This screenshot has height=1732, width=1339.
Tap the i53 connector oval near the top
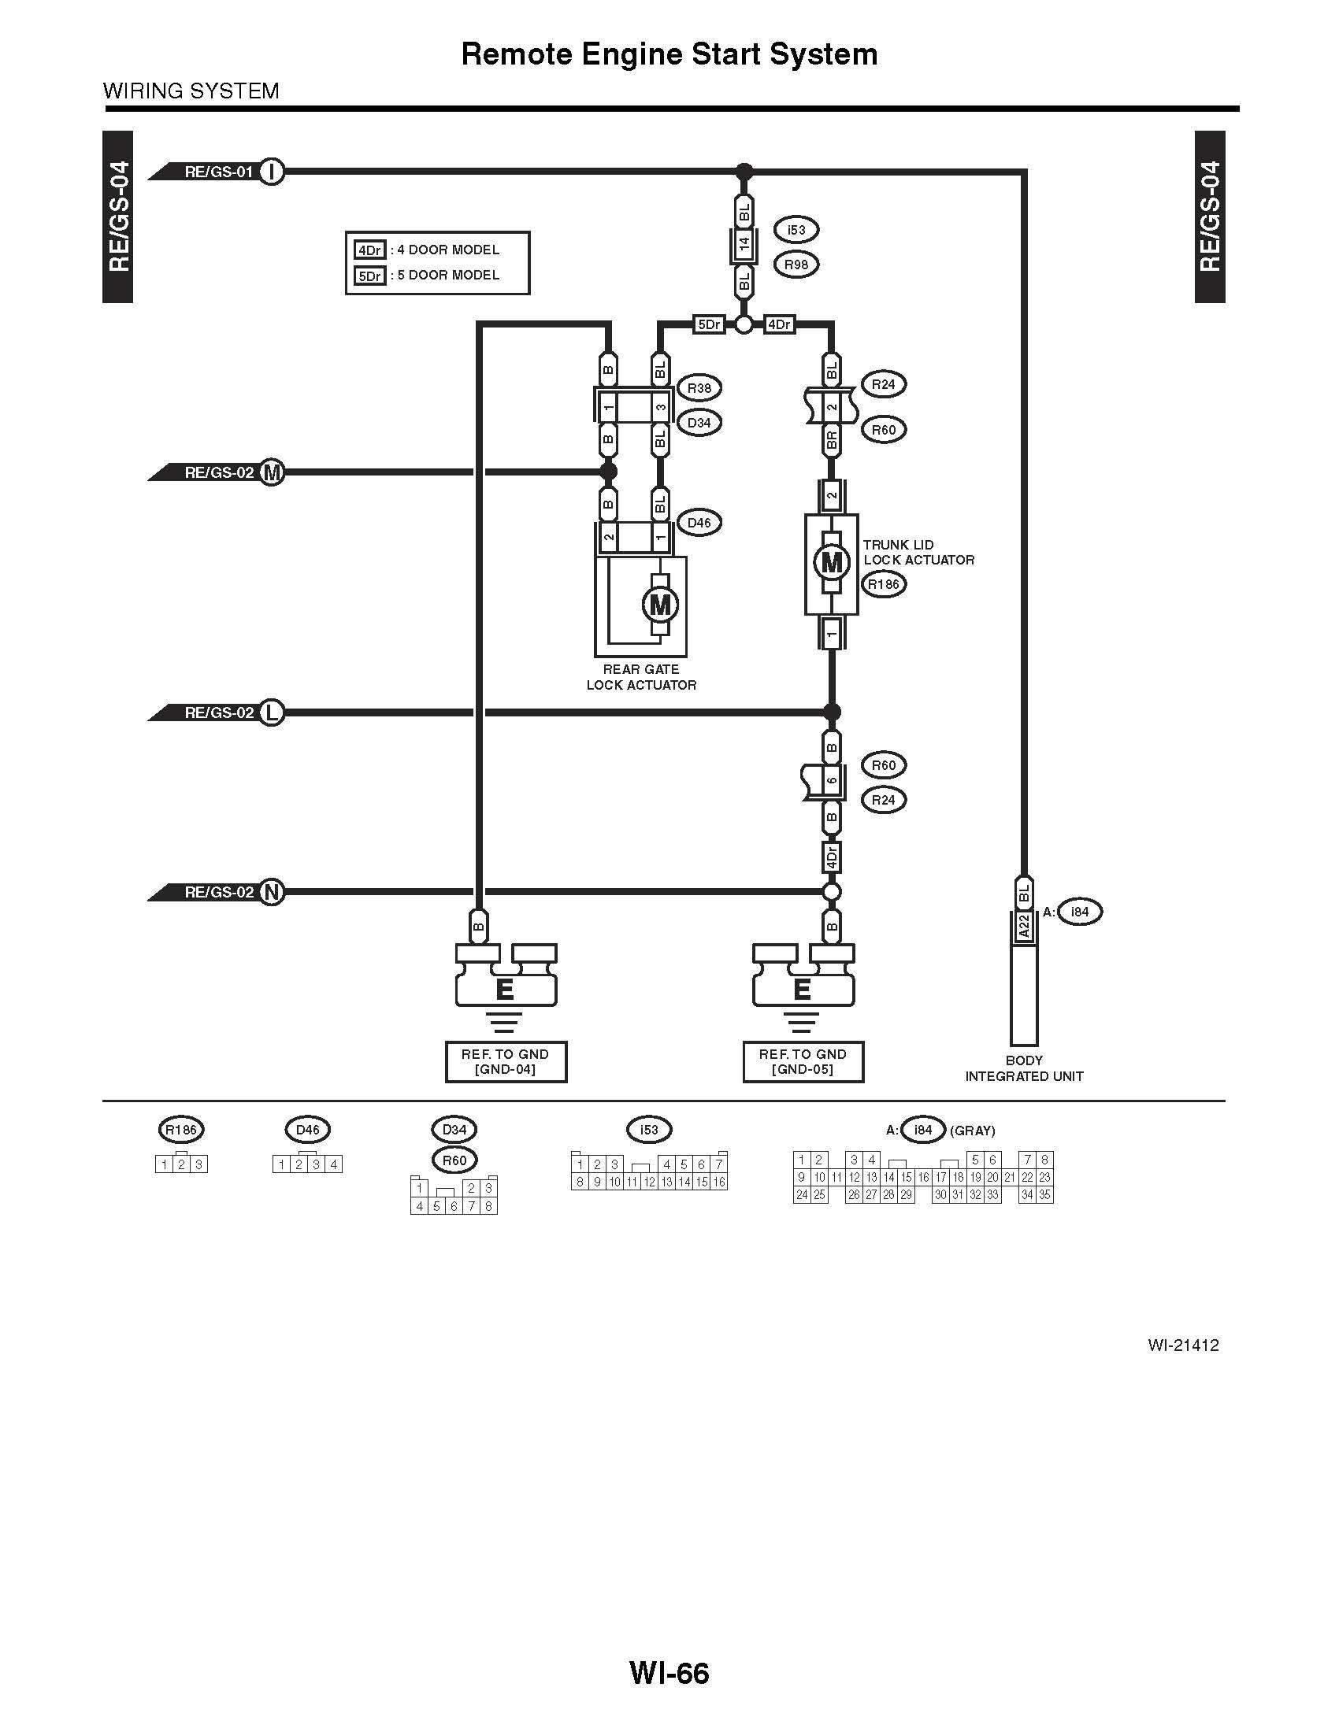click(x=796, y=230)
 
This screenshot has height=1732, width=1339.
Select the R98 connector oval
click(x=796, y=265)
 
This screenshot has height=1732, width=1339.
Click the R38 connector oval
click(x=699, y=389)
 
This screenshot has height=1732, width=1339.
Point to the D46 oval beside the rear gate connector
click(x=699, y=523)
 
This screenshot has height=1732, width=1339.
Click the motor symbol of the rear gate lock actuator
click(x=660, y=606)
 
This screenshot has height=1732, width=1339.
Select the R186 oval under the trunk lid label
click(x=884, y=585)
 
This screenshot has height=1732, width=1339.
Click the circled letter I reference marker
click(x=272, y=172)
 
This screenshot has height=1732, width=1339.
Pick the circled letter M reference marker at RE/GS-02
click(x=272, y=472)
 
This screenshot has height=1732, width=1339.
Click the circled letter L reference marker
click(x=272, y=713)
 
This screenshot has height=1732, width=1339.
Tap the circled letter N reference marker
click(x=272, y=892)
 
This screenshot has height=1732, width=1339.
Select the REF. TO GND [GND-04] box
click(x=506, y=1062)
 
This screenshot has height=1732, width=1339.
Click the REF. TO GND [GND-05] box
click(x=803, y=1062)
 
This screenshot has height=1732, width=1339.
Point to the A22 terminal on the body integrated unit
click(x=1023, y=927)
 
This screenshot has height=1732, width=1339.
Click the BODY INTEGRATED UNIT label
click(x=1023, y=1068)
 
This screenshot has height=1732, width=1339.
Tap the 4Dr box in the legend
click(x=369, y=250)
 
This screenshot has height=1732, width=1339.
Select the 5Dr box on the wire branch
click(x=708, y=325)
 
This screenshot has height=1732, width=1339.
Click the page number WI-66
click(x=669, y=1674)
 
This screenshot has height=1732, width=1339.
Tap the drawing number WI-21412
click(x=1182, y=1345)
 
